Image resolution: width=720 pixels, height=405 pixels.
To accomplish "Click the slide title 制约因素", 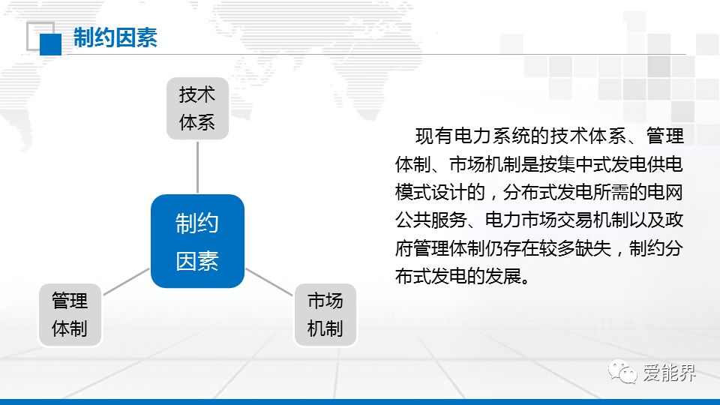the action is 115,37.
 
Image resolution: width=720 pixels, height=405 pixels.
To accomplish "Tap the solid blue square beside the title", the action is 50,44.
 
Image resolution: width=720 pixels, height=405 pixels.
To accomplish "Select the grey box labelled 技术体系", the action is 197,108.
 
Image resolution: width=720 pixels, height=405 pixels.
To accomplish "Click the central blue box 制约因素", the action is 197,241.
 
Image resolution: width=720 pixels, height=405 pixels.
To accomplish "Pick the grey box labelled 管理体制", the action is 70,314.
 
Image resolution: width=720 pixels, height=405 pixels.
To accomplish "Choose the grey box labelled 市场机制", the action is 325,314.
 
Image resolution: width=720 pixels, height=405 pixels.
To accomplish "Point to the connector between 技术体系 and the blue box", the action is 197,167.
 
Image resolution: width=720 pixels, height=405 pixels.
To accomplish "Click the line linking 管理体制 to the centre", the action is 127,281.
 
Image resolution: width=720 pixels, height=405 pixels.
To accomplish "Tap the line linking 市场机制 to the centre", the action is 269,281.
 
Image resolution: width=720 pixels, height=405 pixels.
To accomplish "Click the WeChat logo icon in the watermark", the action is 622,371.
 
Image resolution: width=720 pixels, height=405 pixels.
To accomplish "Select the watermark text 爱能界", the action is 670,373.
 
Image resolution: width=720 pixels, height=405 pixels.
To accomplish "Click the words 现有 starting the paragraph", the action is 434,136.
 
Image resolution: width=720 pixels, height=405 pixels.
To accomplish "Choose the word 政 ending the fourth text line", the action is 674,220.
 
